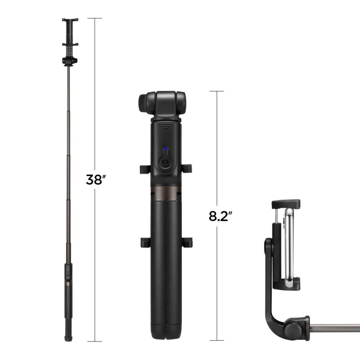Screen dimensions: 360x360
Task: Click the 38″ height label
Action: click(x=95, y=179)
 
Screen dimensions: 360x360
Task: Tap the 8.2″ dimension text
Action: click(x=220, y=216)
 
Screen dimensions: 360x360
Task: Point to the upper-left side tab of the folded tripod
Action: click(x=144, y=169)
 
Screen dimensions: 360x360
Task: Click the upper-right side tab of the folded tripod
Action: click(x=187, y=169)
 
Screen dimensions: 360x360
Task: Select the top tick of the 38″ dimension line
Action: click(x=94, y=18)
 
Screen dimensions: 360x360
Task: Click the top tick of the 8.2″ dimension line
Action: click(x=217, y=91)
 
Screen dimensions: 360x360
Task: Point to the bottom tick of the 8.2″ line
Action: click(x=217, y=341)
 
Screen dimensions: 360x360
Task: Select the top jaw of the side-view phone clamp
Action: click(x=285, y=203)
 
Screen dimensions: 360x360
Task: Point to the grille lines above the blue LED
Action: click(x=165, y=127)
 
